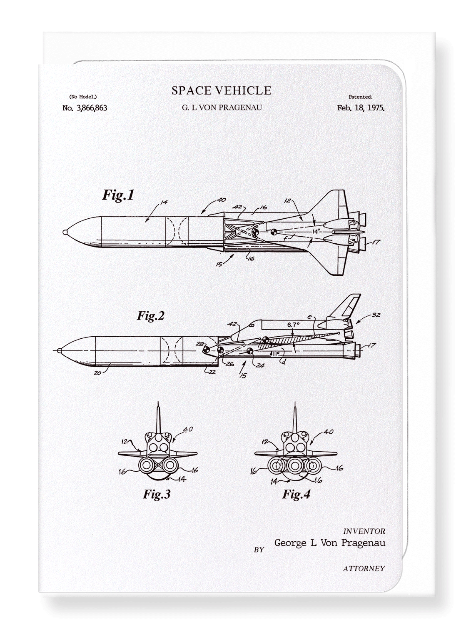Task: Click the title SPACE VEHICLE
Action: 221,90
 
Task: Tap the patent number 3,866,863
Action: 85,108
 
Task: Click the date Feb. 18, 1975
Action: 361,108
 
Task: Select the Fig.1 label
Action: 118,195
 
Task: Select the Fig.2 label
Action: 151,316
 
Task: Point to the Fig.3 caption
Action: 157,494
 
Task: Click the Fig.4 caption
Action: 297,494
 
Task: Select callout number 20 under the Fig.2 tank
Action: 97,373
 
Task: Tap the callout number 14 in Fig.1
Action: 164,202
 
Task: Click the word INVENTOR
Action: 364,531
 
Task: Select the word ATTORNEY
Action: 364,568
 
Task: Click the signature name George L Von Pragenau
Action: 329,542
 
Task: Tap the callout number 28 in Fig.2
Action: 200,344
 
